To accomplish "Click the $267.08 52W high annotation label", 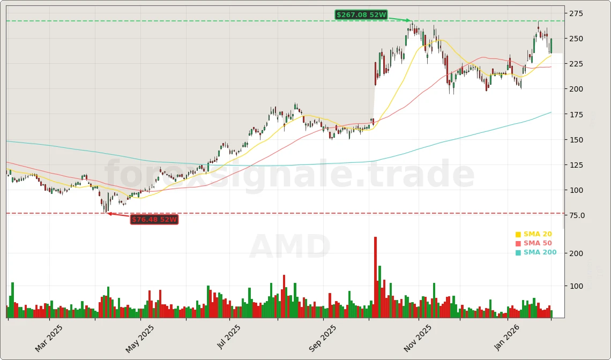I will point(361,15).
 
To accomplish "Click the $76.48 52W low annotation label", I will point(154,220).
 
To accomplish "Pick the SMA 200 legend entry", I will point(536,252).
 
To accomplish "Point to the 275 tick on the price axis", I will point(577,13).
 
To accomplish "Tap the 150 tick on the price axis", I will point(577,140).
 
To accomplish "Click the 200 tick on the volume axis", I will point(576,253).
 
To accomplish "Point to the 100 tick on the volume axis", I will point(576,286).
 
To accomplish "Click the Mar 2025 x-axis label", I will point(49,338).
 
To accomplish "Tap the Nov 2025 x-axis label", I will point(418,338).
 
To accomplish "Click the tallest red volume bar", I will point(375,277).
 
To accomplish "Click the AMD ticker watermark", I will point(289,247).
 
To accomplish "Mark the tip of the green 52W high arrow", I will point(411,21).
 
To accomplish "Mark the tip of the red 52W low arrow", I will point(107,213).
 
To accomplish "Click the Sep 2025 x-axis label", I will point(323,338).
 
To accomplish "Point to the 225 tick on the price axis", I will point(577,64).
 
